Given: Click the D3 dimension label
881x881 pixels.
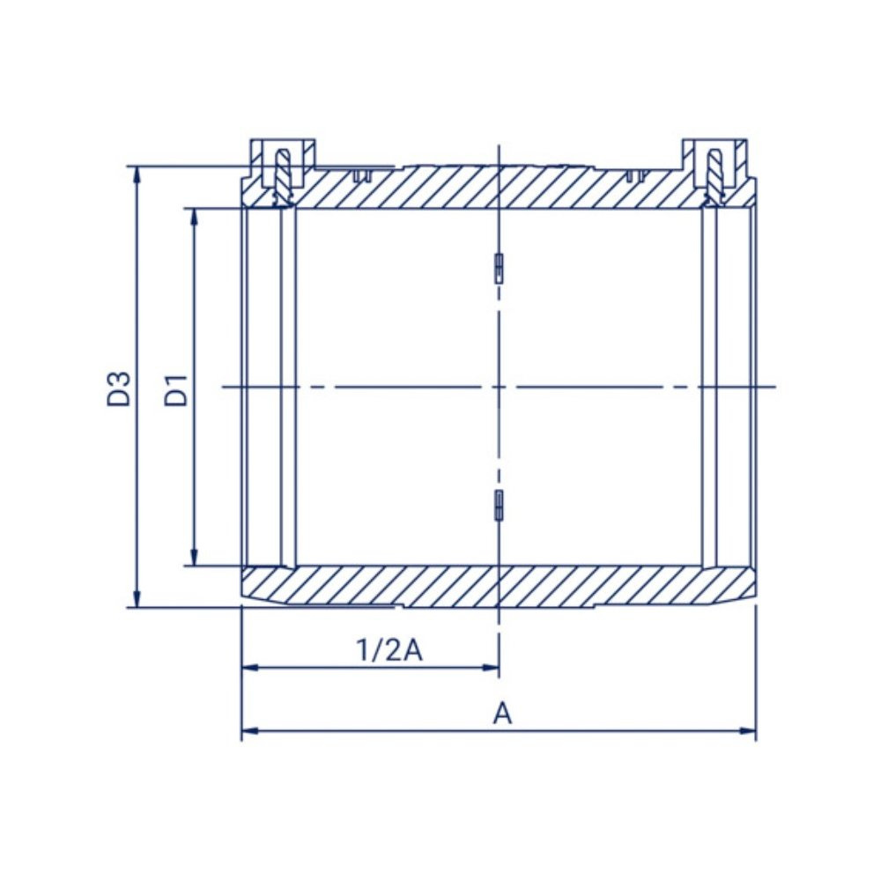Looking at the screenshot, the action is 119,389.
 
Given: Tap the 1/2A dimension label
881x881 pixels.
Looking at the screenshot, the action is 389,650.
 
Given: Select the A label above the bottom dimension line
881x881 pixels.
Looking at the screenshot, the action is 503,714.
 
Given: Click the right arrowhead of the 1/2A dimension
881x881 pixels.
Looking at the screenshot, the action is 491,668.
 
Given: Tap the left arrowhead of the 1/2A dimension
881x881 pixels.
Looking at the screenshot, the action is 249,668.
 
